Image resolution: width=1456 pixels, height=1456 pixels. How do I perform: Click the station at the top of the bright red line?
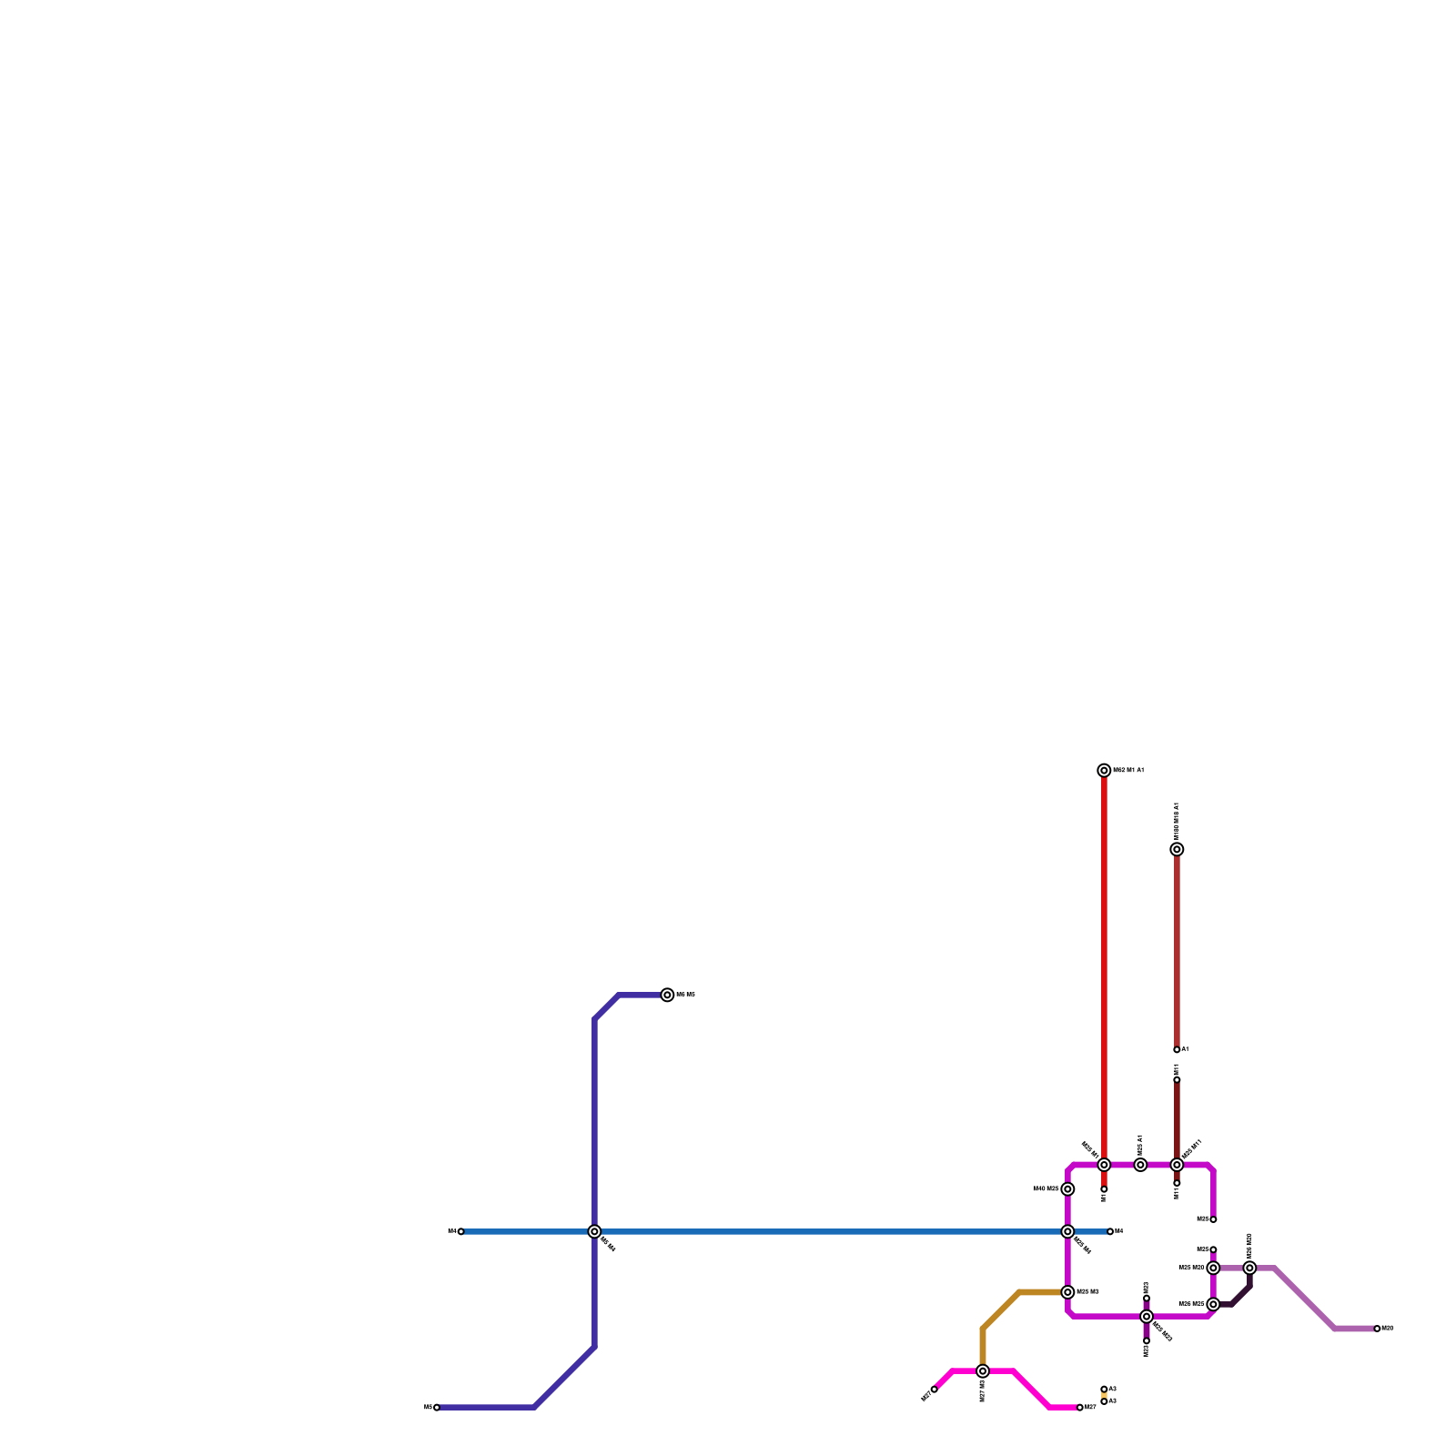tap(1104, 771)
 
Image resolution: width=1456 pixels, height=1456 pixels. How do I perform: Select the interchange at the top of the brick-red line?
tap(1177, 849)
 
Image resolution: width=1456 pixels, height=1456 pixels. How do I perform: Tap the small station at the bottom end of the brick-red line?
tap(1177, 1049)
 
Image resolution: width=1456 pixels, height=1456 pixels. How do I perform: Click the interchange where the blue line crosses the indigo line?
tap(594, 1231)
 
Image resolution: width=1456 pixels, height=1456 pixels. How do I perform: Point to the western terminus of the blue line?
tap(460, 1231)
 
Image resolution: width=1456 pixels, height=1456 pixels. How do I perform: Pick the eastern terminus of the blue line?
tap(1110, 1231)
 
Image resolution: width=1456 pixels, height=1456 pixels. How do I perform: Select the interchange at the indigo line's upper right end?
tap(667, 995)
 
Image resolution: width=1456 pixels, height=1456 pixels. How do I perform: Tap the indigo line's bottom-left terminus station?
tap(437, 1407)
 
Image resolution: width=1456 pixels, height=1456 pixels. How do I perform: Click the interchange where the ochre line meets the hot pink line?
tap(983, 1370)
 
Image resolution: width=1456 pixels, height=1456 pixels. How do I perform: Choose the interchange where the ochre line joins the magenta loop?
tap(1067, 1292)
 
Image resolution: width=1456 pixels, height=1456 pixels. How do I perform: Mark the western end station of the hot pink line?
tap(934, 1389)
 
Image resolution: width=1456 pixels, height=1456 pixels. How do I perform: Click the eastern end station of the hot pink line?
tap(1080, 1407)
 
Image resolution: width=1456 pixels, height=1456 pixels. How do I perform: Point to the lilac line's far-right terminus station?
tap(1377, 1329)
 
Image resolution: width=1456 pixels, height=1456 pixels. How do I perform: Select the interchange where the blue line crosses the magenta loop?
tap(1067, 1231)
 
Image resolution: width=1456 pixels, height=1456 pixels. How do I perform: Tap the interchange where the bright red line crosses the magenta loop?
tap(1104, 1165)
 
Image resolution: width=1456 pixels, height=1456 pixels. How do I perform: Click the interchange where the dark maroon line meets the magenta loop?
tap(1177, 1165)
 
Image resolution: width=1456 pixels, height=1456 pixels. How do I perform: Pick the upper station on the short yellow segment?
tap(1104, 1389)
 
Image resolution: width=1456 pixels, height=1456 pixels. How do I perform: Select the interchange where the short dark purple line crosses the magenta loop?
tap(1147, 1316)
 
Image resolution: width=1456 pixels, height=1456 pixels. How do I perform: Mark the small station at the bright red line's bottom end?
tap(1104, 1189)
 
